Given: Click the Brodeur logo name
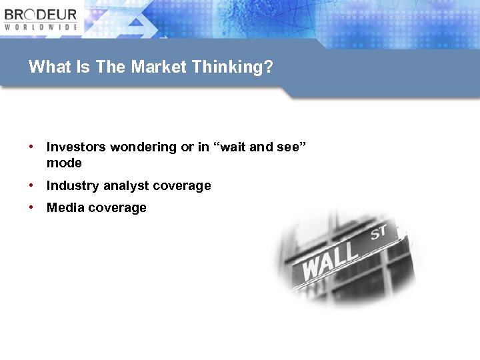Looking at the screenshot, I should point(41,15).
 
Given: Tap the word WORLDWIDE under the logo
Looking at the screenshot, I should point(41,27).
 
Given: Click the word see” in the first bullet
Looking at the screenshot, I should point(291,147).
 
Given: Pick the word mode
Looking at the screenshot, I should point(64,163).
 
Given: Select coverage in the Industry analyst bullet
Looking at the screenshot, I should point(182,186).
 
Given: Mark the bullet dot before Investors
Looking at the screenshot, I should point(31,147).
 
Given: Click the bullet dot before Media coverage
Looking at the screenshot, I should point(31,207).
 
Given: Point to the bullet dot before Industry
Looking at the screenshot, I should point(31,185).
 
